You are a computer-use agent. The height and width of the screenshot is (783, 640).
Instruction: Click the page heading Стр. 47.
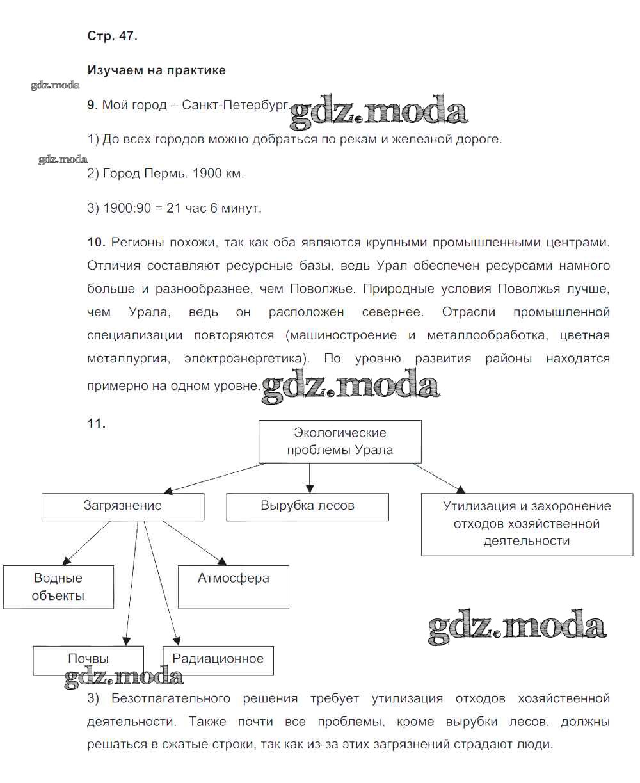112,36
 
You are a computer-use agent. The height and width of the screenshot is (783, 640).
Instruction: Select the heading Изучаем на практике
156,70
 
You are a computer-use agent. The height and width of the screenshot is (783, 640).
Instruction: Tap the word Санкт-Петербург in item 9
236,105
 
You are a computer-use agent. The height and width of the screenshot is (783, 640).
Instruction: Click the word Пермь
164,174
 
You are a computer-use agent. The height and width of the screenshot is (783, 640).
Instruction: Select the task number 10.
96,242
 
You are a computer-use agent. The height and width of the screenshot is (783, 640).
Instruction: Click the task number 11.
96,423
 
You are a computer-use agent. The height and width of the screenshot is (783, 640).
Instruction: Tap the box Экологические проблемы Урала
340,441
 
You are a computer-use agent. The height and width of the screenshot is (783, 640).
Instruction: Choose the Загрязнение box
123,506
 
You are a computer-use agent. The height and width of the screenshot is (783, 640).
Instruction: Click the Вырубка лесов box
307,506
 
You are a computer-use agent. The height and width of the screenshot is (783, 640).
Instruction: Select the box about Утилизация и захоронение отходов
527,524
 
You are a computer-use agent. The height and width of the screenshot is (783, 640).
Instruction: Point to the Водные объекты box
58,586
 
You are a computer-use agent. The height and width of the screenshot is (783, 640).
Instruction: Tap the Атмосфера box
233,586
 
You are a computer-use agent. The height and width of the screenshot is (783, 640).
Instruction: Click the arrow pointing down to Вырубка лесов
309,477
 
